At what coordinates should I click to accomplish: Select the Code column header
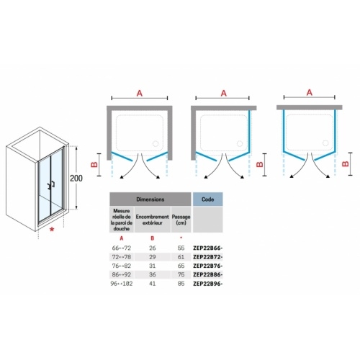coord(207,198)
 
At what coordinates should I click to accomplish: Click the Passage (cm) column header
coord(181,220)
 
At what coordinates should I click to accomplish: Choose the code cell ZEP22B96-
coord(208,284)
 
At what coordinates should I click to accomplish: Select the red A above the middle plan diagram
coord(223,93)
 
